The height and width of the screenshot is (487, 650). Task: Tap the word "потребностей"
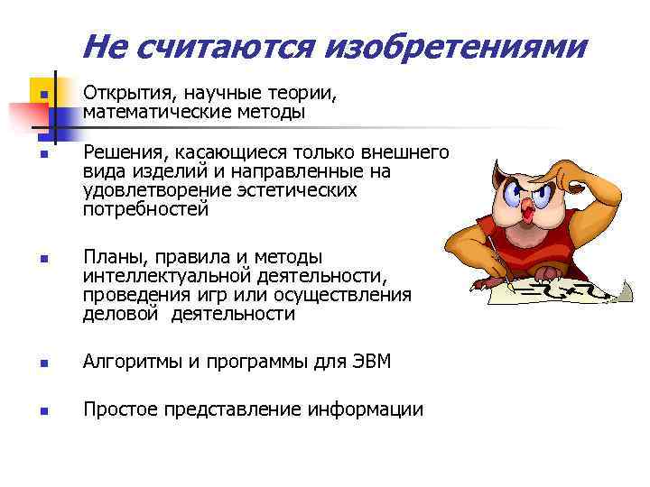(145, 210)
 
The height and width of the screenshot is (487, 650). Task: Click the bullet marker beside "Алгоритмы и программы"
(42, 364)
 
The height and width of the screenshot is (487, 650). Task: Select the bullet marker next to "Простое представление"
(42, 411)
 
